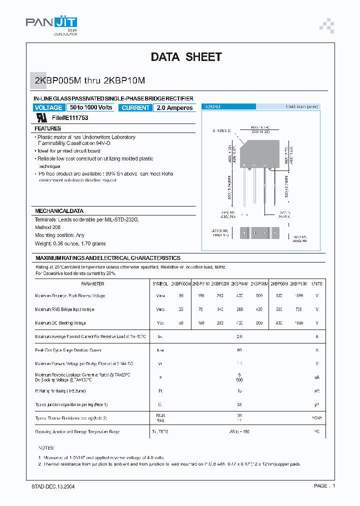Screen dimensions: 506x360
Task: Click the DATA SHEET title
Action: coord(186,57)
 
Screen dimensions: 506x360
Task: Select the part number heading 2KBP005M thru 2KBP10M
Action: coord(90,80)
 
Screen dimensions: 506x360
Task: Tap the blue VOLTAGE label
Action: coord(48,108)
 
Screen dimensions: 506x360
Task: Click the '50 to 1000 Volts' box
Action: coord(91,107)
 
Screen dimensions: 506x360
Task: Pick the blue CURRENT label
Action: coord(135,108)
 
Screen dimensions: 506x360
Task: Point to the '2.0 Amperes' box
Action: coord(174,108)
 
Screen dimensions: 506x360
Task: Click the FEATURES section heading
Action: coord(48,128)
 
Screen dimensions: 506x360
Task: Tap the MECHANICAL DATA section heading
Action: coord(59,211)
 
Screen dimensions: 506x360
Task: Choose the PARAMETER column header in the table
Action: coord(92,283)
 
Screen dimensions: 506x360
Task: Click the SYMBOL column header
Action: coord(160,283)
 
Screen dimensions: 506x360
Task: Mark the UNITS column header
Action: coord(317,283)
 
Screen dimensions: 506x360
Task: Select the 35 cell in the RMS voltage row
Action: coord(180,309)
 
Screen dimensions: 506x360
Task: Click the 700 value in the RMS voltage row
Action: coord(299,309)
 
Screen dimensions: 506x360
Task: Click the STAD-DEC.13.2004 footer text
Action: coord(50,486)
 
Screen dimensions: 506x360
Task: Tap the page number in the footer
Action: coord(325,486)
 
